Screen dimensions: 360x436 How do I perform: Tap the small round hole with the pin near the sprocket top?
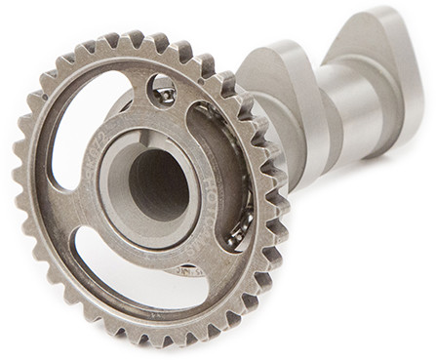tap(164, 94)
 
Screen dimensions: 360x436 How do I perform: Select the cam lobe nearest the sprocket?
tap(283, 98)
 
